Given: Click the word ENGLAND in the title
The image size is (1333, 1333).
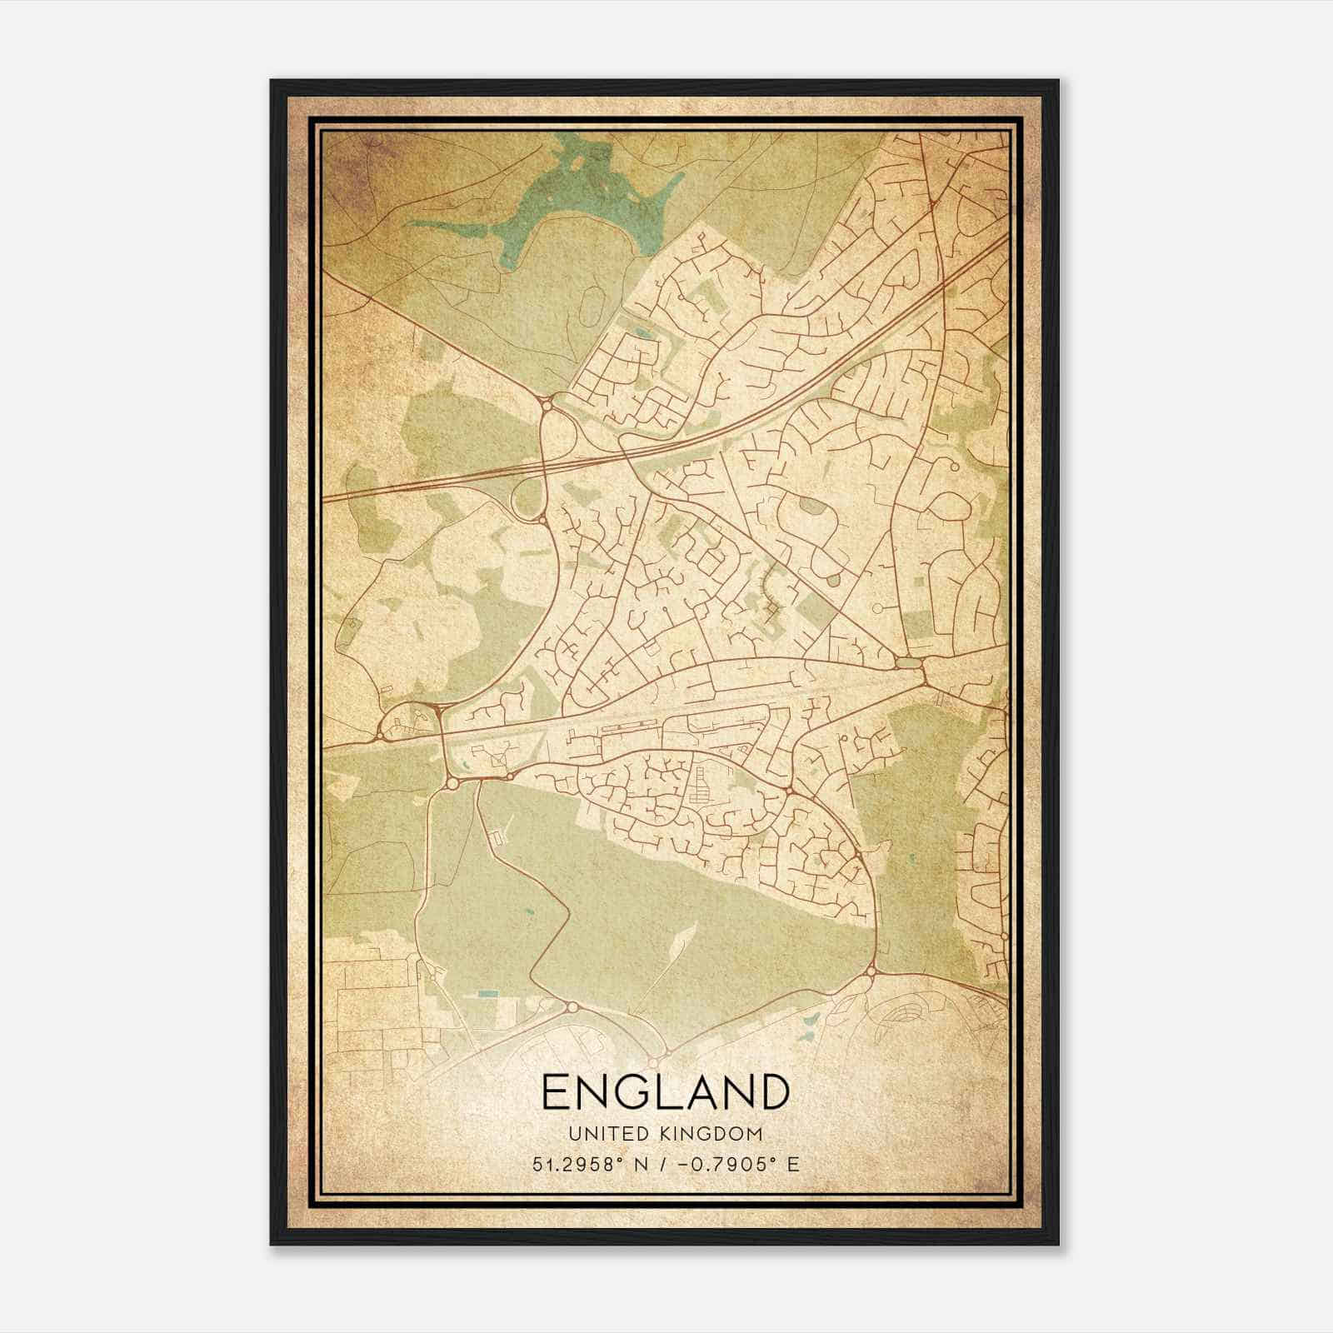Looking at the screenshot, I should [x=665, y=1092].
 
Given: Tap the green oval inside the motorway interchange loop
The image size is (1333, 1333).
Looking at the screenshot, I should [x=526, y=499].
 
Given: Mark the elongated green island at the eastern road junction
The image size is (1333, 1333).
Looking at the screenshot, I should [x=907, y=663].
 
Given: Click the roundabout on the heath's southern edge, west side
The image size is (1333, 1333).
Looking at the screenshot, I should [x=572, y=1008].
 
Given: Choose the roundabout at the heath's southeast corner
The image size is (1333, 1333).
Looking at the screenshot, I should [x=871, y=971].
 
